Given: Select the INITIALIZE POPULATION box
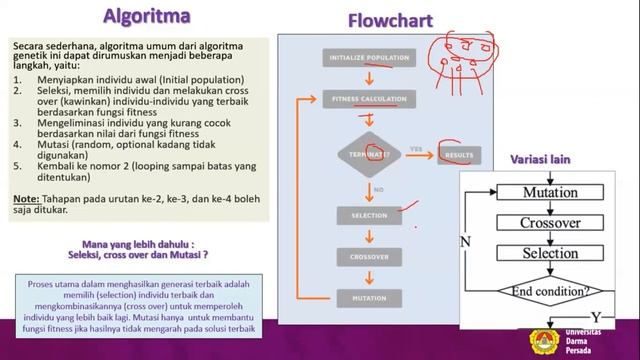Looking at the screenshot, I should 367,59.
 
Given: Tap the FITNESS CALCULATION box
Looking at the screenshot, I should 367,99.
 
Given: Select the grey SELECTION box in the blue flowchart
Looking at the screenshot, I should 367,215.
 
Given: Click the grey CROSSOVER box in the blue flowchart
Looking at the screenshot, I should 367,257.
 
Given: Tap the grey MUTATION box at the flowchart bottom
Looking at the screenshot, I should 367,298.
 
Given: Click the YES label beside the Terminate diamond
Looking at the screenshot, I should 416,149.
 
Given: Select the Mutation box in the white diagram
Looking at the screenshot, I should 550,192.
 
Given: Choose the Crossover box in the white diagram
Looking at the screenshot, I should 550,223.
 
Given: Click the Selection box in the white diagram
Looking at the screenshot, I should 550,254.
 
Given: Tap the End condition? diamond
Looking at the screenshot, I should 550,292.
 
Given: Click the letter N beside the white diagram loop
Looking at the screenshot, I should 465,242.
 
